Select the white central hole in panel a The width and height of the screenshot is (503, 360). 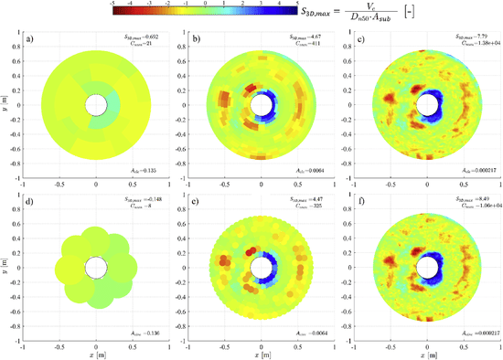(96, 106)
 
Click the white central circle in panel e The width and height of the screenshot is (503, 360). (261, 266)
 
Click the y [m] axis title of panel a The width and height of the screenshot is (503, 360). (5, 106)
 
